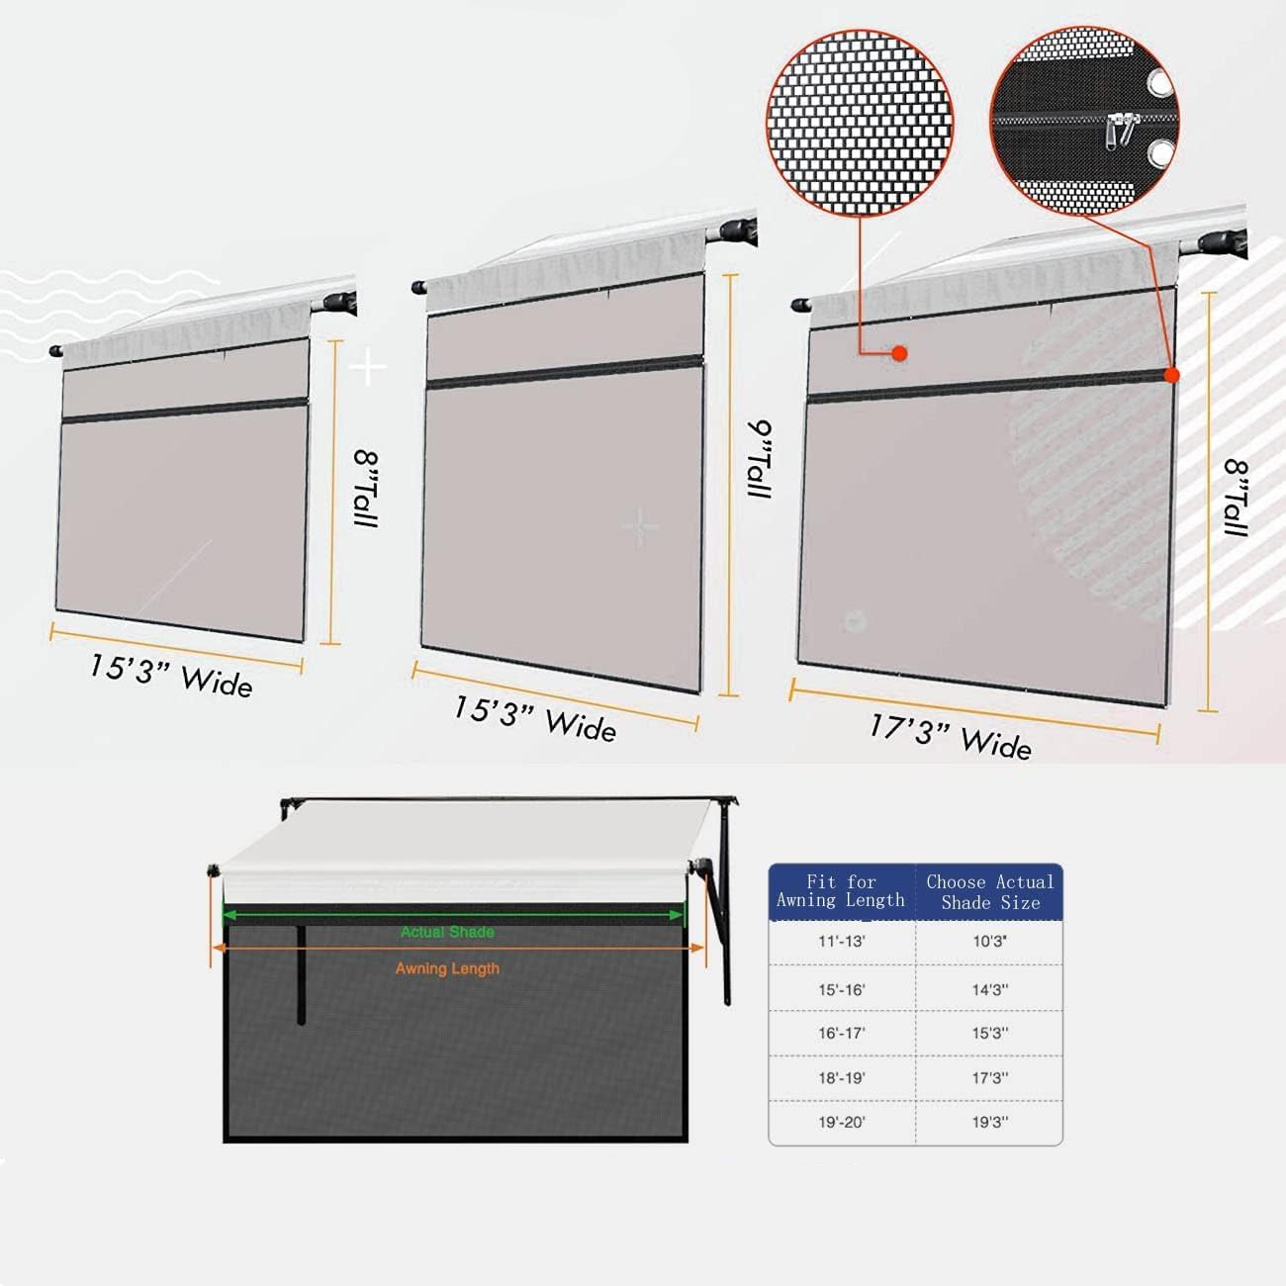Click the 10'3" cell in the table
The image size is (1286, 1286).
point(989,942)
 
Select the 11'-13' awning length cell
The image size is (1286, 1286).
point(842,942)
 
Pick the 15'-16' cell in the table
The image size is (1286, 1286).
point(842,989)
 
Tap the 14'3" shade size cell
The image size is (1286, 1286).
point(989,989)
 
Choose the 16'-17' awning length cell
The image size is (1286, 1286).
point(842,1033)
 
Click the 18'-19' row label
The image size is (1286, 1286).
point(842,1078)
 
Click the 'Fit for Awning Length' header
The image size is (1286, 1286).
point(841,891)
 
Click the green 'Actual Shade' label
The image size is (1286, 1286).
point(447,932)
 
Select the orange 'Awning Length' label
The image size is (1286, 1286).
point(447,969)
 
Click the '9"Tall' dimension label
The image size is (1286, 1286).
point(760,459)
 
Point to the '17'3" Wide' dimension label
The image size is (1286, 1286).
point(951,737)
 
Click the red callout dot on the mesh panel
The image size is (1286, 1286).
point(899,354)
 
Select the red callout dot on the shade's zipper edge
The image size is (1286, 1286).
point(1171,376)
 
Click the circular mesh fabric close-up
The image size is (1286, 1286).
point(860,123)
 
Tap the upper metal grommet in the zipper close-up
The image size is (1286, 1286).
point(1159,83)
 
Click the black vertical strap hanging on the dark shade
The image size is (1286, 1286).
point(301,973)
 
